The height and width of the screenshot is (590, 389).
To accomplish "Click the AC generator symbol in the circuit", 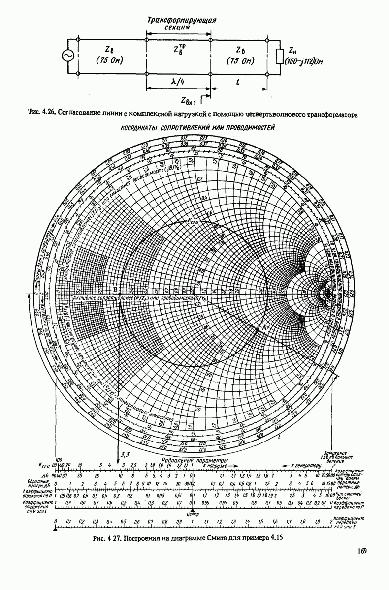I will pyautogui.click(x=66, y=57).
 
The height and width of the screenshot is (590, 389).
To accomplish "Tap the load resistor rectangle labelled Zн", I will pyautogui.click(x=279, y=56).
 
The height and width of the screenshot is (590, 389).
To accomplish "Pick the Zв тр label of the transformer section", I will pyautogui.click(x=178, y=50).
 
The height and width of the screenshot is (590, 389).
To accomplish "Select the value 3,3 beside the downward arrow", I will pyautogui.click(x=125, y=454).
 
